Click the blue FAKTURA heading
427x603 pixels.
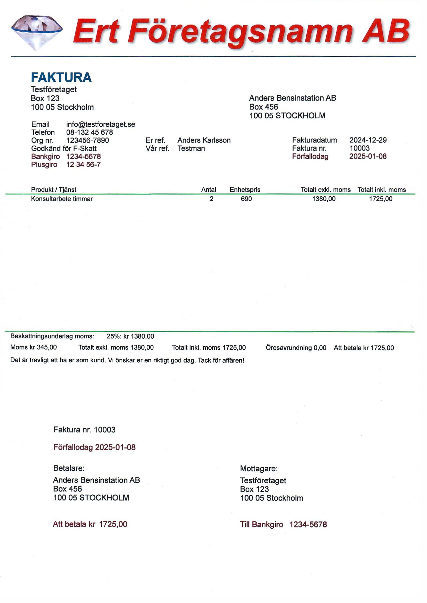tap(61, 77)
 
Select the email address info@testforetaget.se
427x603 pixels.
tap(101, 124)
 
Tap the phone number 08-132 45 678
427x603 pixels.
tap(89, 132)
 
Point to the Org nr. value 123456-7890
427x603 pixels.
tap(88, 141)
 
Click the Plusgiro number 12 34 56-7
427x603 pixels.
tap(83, 165)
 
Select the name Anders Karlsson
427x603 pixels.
tap(204, 140)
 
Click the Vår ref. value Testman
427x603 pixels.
tap(191, 148)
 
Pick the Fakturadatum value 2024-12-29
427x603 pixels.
tap(368, 140)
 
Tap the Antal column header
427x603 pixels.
tap(209, 190)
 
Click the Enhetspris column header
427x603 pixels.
tap(245, 190)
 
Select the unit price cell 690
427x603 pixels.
tap(246, 199)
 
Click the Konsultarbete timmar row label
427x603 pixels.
tap(62, 199)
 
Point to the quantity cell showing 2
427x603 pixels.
tap(211, 199)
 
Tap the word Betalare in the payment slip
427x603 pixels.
tap(69, 468)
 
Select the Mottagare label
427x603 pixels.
tap(259, 468)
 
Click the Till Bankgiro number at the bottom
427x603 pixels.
tap(308, 525)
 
